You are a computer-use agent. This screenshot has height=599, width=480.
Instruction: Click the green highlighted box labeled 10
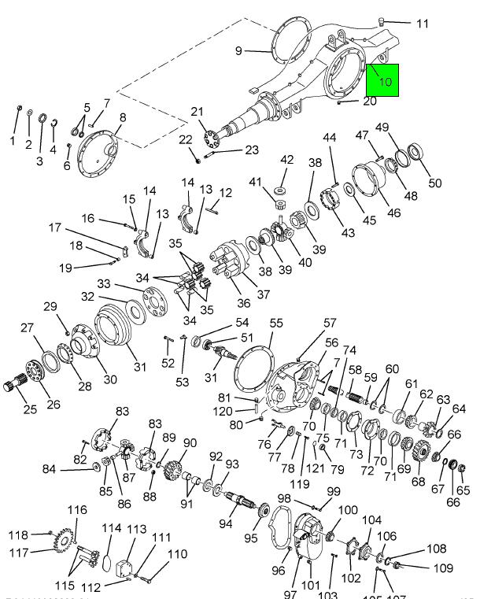tap(383, 80)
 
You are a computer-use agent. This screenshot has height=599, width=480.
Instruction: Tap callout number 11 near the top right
tap(423, 24)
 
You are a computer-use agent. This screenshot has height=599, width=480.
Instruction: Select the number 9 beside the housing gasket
tap(238, 51)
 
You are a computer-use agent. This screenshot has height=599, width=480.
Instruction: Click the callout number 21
tap(197, 111)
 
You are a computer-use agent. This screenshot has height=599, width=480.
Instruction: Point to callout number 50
tap(435, 184)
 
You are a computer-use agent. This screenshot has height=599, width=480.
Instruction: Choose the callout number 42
tap(286, 160)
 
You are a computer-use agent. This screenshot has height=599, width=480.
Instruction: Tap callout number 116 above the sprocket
tap(76, 511)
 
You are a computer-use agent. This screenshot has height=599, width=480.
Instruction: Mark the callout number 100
tap(348, 511)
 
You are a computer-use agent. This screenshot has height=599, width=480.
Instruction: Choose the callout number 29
tap(50, 306)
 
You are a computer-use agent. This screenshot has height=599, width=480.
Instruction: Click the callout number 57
tap(329, 324)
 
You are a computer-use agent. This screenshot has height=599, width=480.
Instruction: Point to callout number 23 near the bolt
tap(251, 150)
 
